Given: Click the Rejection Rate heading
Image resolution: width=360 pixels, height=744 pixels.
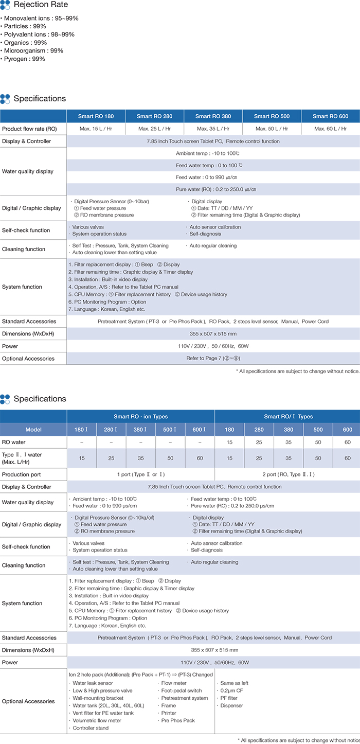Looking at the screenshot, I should [40, 5].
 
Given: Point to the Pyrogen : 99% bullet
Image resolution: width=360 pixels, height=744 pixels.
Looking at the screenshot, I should [24, 59].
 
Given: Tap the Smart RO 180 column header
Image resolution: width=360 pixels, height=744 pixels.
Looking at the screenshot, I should [96, 116].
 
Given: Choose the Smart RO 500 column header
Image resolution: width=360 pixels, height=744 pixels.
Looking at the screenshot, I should [272, 116].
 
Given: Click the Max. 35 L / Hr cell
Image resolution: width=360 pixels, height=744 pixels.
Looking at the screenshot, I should [213, 129].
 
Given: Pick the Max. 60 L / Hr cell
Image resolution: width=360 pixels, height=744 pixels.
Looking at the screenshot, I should [330, 129].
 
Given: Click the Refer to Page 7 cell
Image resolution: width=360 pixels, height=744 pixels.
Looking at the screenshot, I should [213, 359].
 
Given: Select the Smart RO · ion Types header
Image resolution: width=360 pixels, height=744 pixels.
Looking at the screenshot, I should [140, 417].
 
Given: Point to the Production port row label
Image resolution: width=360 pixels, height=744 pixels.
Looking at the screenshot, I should [22, 474].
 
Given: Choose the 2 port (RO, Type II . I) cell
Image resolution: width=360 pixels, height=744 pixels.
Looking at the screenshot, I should [287, 474].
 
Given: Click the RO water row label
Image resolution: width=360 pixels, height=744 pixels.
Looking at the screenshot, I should [14, 442].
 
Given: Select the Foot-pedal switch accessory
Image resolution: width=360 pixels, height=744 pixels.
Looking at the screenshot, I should [182, 690].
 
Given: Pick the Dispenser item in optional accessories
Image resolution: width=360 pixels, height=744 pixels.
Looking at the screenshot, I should [231, 705].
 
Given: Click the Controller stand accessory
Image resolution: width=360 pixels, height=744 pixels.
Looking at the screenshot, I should [91, 728].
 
